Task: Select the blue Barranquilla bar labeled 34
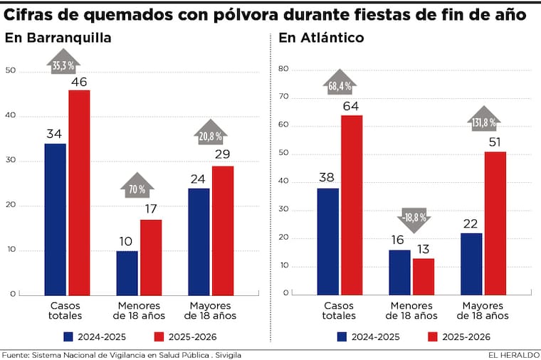pyautogui.click(x=55, y=219)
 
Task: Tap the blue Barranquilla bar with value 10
pyautogui.click(x=127, y=272)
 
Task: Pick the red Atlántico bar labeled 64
pyautogui.click(x=352, y=205)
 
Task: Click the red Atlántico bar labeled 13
pyautogui.click(x=423, y=276)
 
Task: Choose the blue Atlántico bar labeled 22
pyautogui.click(x=471, y=263)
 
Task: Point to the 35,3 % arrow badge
pyautogui.click(x=64, y=64)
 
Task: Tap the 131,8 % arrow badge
pyautogui.click(x=483, y=121)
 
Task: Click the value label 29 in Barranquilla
pyautogui.click(x=223, y=154)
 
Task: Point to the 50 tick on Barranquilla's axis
pyautogui.click(x=9, y=71)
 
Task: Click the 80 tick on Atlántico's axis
pyautogui.click(x=283, y=69)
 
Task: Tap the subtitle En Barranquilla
pyautogui.click(x=58, y=38)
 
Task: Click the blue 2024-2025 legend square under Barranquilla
pyautogui.click(x=69, y=337)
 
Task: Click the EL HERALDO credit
pyautogui.click(x=512, y=354)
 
